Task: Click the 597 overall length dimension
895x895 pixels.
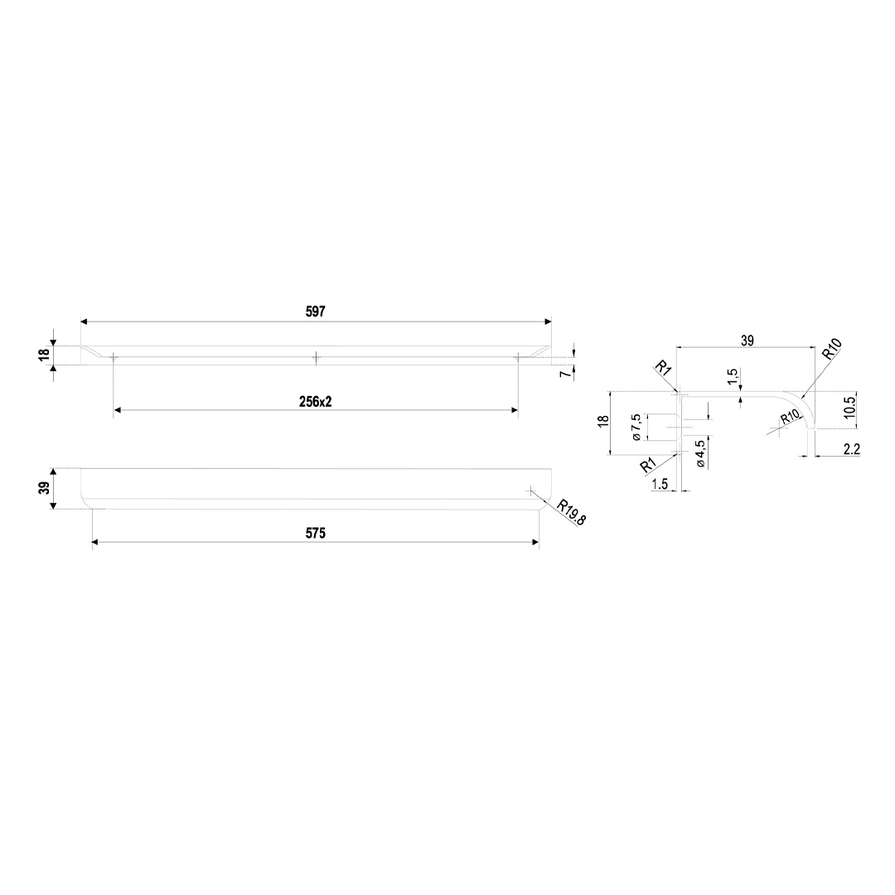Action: click(x=316, y=311)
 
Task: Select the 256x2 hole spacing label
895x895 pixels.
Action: click(x=316, y=402)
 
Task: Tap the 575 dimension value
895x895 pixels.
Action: click(x=316, y=533)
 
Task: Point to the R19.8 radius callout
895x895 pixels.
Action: click(x=572, y=512)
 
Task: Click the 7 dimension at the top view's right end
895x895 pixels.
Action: click(x=565, y=375)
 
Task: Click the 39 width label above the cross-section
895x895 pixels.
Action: click(x=747, y=341)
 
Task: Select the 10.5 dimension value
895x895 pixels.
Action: click(x=850, y=407)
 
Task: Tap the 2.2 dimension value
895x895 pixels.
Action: click(x=851, y=449)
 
